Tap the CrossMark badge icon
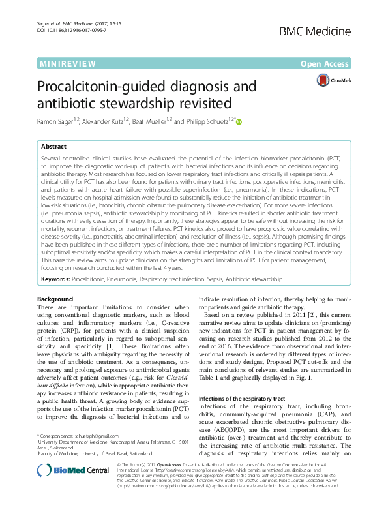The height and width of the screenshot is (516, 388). coord(323,80)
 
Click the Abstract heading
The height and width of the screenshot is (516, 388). coord(53,147)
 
